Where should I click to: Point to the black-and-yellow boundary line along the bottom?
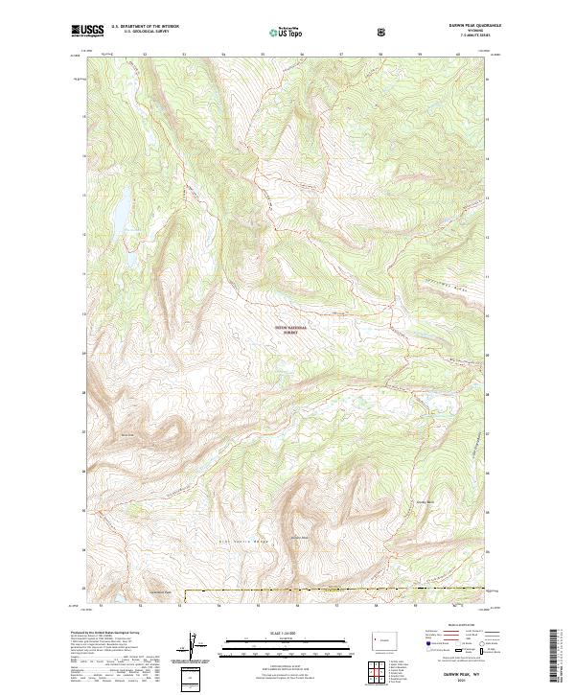335,590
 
